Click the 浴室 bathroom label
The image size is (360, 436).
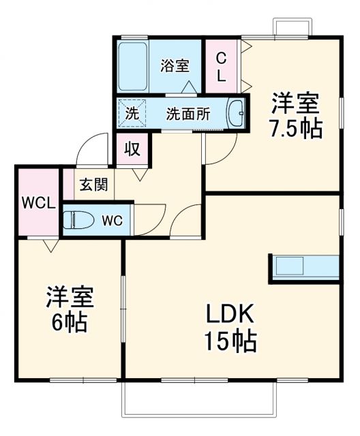(x=175, y=66)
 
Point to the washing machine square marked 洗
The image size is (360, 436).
(x=131, y=112)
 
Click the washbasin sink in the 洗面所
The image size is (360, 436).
(x=235, y=113)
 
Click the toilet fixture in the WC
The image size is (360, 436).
(x=80, y=220)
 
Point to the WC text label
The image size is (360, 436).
(x=112, y=220)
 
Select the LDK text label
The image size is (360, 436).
(x=231, y=314)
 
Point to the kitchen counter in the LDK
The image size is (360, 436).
(x=305, y=266)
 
